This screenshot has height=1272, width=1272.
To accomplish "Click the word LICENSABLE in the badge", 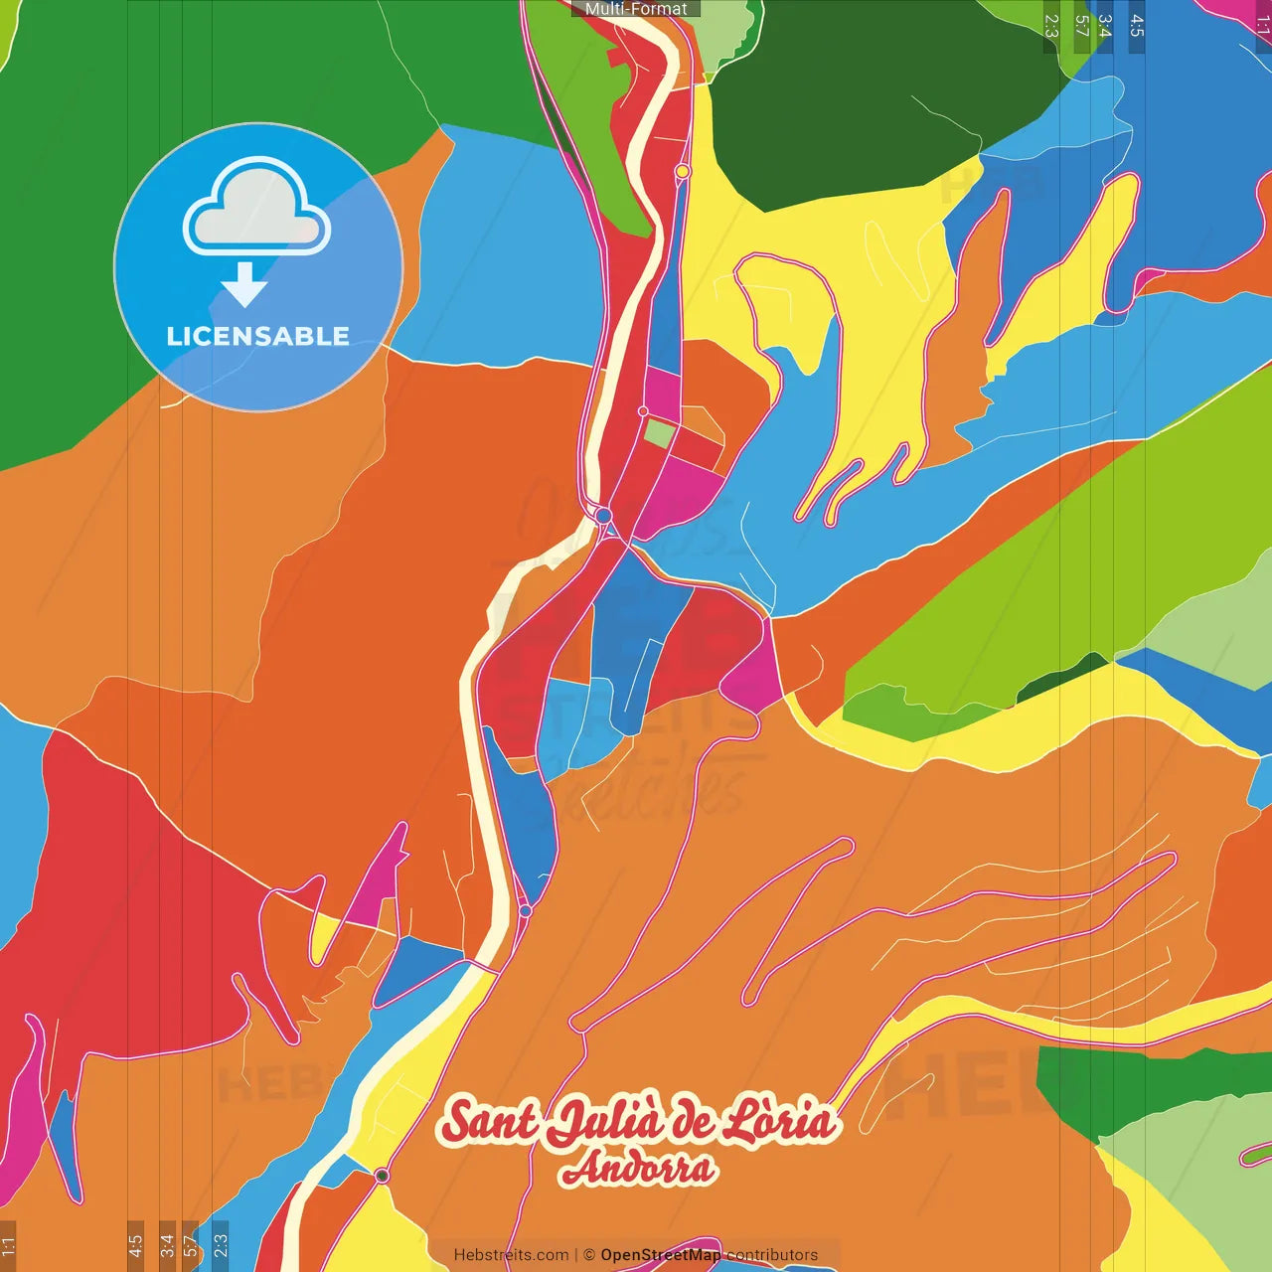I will [257, 336].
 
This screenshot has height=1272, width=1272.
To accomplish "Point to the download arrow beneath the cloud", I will [244, 285].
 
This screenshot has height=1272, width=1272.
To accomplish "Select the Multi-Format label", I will [636, 9].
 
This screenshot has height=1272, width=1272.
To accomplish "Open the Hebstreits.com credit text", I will [511, 1255].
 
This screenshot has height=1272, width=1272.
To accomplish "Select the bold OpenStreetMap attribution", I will [661, 1255].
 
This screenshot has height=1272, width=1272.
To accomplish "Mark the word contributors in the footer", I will [772, 1255].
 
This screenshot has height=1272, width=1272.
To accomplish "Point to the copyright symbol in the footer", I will [588, 1255].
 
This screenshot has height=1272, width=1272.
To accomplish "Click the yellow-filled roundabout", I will [683, 172].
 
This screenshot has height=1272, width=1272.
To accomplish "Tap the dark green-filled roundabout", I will [382, 1176].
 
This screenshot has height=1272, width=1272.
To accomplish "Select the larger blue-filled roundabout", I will [603, 515].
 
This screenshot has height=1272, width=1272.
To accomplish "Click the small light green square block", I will [658, 433].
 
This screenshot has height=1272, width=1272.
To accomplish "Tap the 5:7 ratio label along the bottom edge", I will [190, 1244].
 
